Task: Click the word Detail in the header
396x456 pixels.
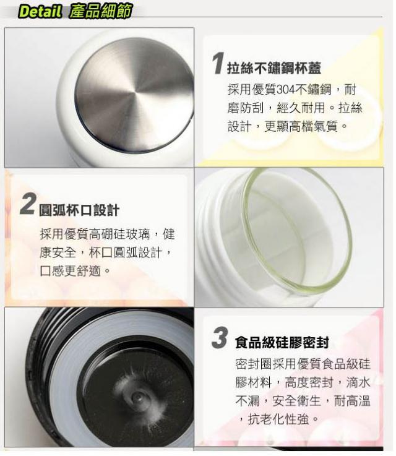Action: [x=40, y=12]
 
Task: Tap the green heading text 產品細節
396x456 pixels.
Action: [x=101, y=11]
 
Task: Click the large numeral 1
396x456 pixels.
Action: [x=218, y=63]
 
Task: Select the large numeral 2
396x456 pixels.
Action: [x=28, y=204]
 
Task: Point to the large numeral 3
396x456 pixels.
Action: [x=220, y=337]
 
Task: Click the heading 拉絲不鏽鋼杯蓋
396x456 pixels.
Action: [x=274, y=68]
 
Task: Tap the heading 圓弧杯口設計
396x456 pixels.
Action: [x=79, y=210]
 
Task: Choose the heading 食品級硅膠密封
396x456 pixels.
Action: [x=282, y=342]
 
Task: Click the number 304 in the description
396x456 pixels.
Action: [x=285, y=90]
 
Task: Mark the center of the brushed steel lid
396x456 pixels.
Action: [x=134, y=95]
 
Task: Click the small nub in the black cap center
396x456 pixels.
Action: [x=136, y=397]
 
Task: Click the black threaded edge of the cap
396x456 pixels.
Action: [x=35, y=378]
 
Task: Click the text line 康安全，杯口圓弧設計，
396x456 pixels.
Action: [x=106, y=252]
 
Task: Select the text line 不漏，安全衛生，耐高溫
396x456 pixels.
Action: [x=303, y=401]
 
